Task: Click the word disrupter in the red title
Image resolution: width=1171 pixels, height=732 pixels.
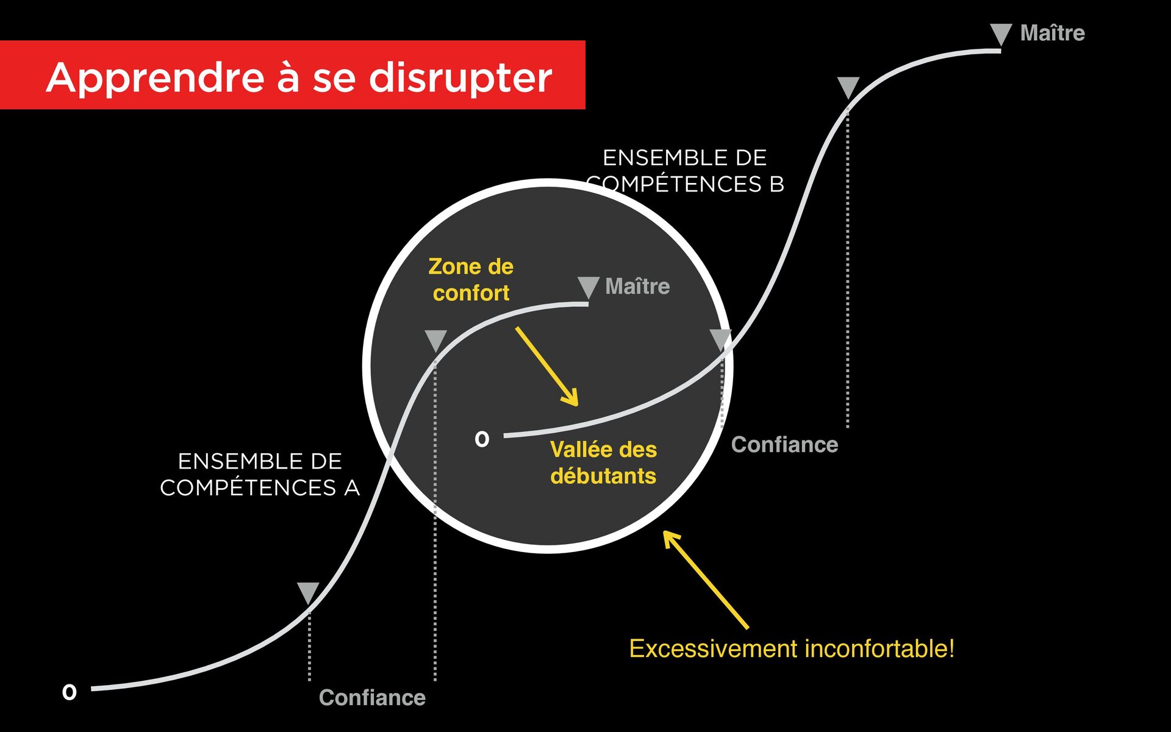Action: coord(460,78)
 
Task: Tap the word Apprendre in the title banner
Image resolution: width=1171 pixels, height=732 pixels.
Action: coord(155,78)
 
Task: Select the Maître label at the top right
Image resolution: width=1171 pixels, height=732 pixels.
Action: coord(1052,33)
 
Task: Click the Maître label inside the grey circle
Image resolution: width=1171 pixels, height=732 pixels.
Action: coord(637,286)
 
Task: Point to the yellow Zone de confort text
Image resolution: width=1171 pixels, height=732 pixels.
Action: coord(471,279)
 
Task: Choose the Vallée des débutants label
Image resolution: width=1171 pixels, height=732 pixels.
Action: coord(603,462)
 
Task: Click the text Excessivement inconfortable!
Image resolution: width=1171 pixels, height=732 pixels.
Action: coord(791,648)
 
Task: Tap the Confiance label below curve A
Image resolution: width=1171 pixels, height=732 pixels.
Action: coord(372,697)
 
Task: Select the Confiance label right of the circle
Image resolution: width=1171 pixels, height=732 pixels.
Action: coord(784,445)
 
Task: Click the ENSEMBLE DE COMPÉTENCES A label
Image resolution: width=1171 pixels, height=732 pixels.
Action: coord(260,475)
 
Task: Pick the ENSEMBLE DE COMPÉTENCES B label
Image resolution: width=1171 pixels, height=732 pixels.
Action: coord(684,171)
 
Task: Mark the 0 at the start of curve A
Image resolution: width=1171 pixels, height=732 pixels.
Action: coord(70,692)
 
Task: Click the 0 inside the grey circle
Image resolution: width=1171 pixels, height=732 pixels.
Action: coord(482,439)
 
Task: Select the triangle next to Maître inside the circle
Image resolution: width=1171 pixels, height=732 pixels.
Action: coord(588,287)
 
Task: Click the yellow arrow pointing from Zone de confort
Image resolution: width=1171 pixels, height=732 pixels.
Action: coord(546,366)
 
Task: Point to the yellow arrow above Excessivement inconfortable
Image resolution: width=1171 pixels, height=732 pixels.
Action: coord(706,579)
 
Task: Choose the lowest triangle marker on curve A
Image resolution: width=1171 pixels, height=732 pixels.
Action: coord(308,592)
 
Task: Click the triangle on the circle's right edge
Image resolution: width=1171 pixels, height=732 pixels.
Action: coord(721,339)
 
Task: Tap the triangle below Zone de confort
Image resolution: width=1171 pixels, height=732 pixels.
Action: coord(435,340)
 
